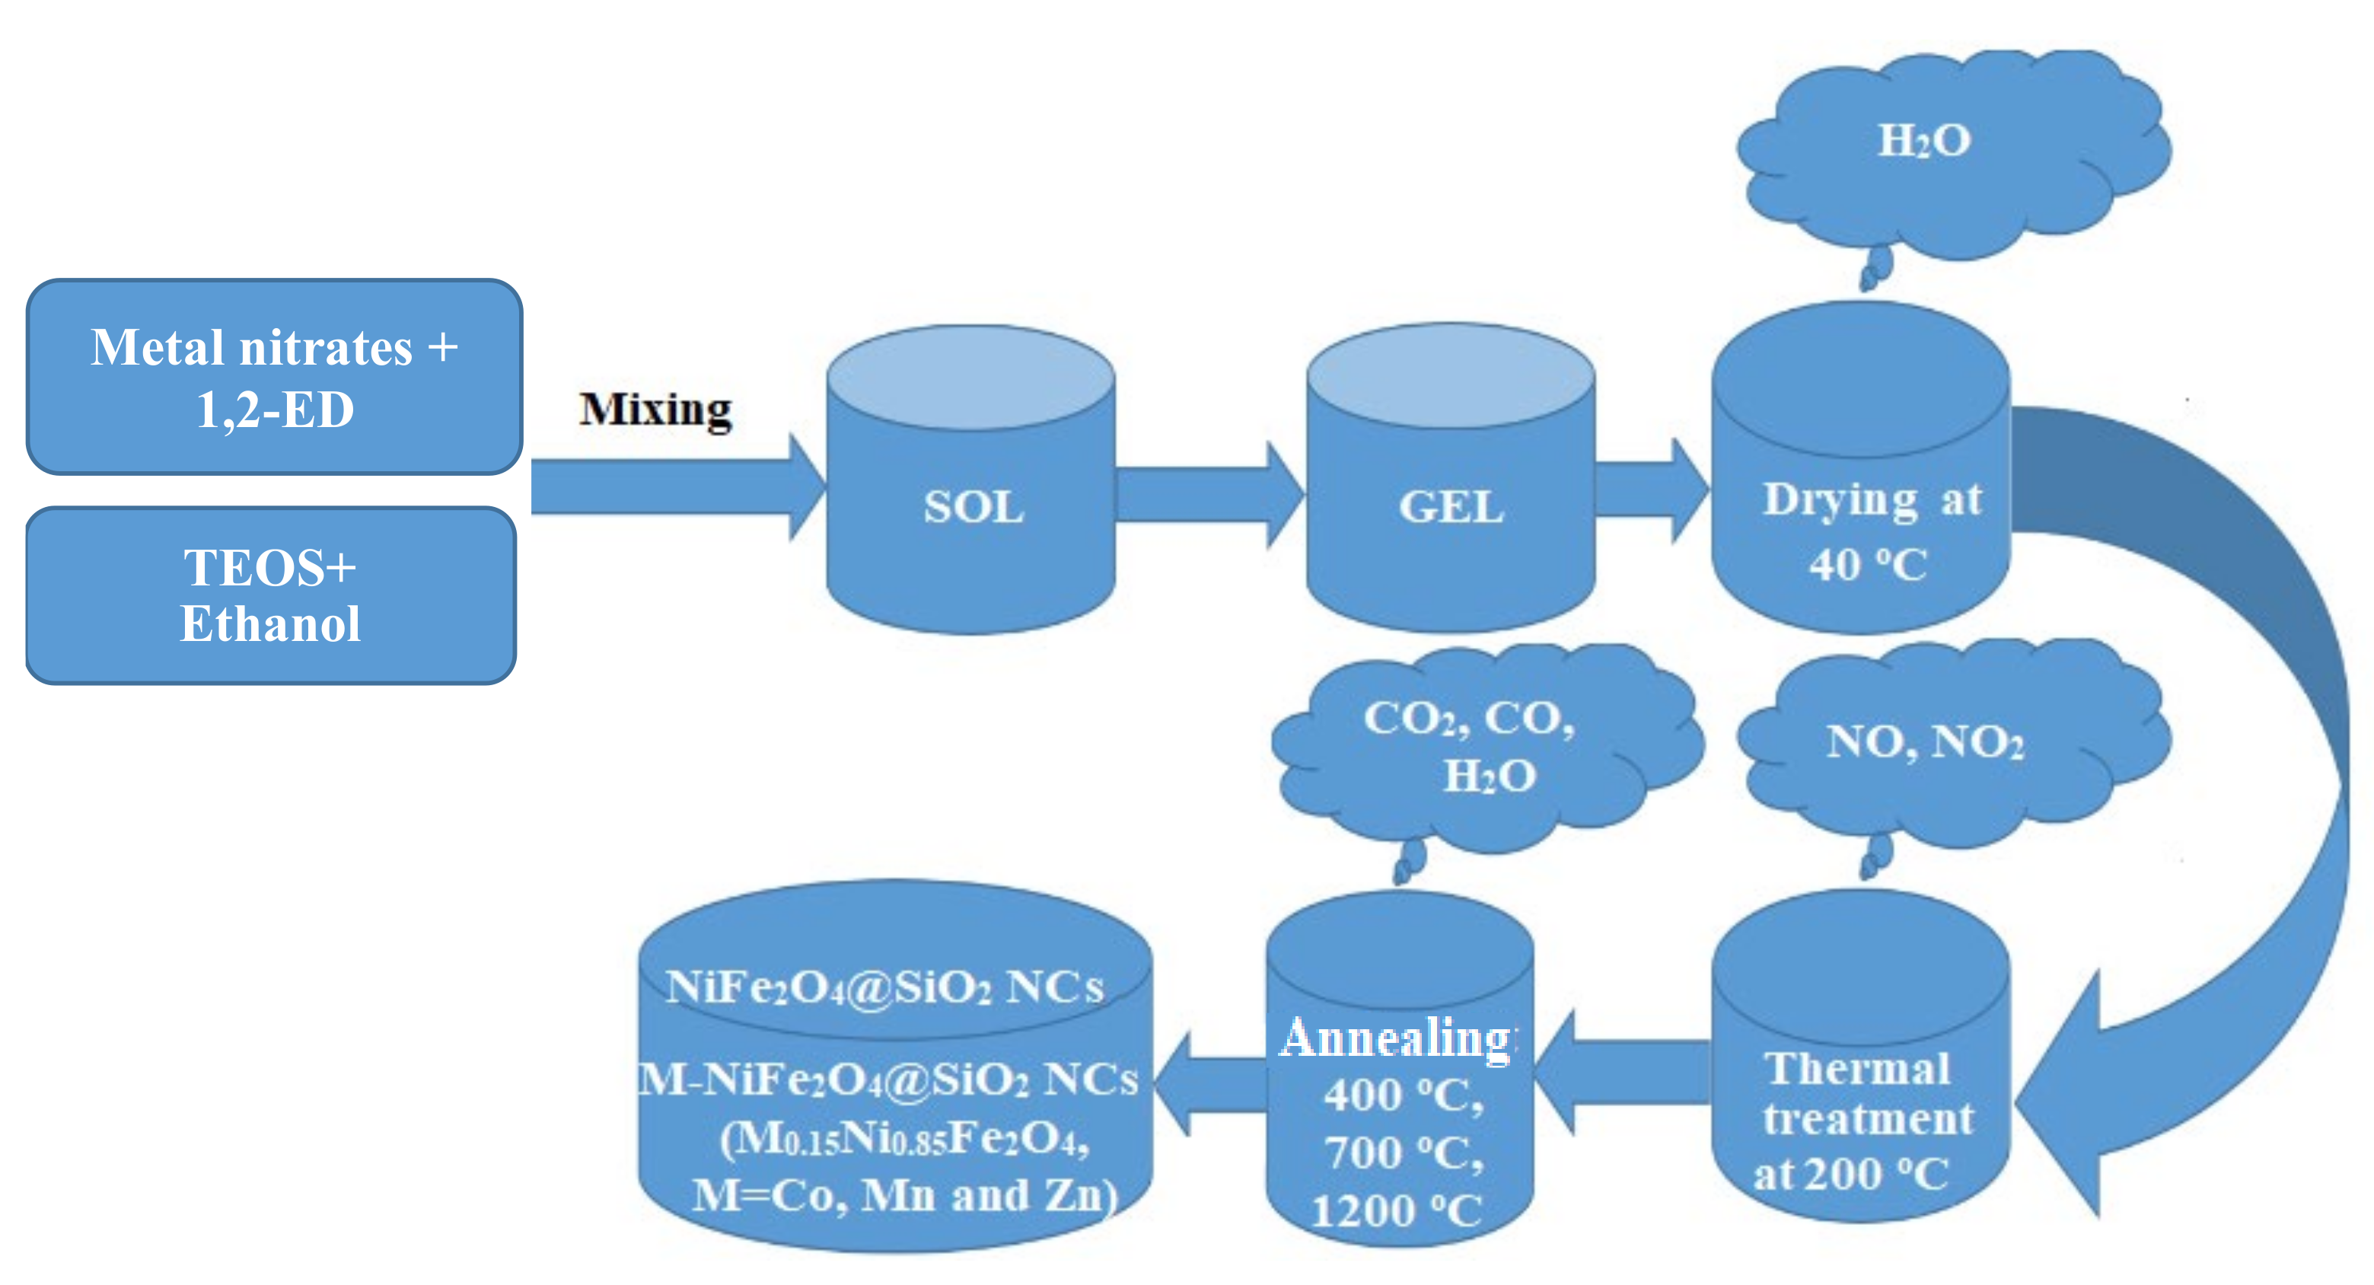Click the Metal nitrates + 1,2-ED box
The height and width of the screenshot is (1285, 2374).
click(x=274, y=377)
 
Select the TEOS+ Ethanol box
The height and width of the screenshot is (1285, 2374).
click(x=270, y=595)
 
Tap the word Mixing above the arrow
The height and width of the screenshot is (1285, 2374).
click(x=655, y=410)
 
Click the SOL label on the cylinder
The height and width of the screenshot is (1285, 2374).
click(x=973, y=507)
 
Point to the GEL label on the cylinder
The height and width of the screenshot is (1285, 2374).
click(x=1451, y=507)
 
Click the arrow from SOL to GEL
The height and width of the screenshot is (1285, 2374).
click(x=1207, y=494)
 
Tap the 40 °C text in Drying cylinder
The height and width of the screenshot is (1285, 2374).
click(x=1867, y=565)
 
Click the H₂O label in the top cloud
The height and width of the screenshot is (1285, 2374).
click(x=1924, y=141)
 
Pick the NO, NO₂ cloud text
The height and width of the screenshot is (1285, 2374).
click(x=1925, y=741)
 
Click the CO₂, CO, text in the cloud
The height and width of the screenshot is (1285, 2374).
click(x=1469, y=718)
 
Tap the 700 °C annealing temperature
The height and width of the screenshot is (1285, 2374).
click(x=1403, y=1153)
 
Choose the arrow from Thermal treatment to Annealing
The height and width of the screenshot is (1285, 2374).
click(x=1622, y=1071)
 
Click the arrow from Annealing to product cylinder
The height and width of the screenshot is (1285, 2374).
click(x=1207, y=1084)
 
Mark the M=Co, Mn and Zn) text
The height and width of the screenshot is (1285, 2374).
click(x=904, y=1196)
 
